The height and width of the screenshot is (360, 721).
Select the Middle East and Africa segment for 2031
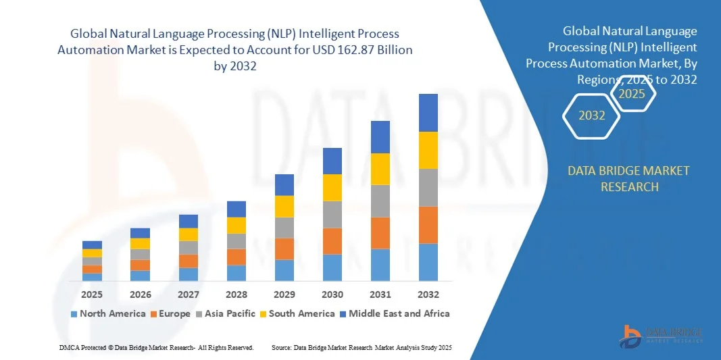pyautogui.click(x=380, y=137)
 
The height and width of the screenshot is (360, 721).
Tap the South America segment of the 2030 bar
pyautogui.click(x=332, y=188)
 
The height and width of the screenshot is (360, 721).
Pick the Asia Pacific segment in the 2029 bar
pyautogui.click(x=284, y=228)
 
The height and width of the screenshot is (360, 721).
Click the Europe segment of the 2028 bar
pyautogui.click(x=237, y=257)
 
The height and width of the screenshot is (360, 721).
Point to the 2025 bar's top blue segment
pyautogui.click(x=93, y=245)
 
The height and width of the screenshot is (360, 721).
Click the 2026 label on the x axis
pyautogui.click(x=141, y=294)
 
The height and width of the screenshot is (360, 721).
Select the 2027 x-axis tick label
pyautogui.click(x=189, y=294)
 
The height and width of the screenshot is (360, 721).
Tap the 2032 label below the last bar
pyautogui.click(x=428, y=294)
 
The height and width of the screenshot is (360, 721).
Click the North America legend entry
pyautogui.click(x=107, y=313)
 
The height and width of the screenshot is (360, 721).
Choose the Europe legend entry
pyautogui.click(x=170, y=313)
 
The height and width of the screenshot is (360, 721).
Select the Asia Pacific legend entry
pyautogui.click(x=226, y=313)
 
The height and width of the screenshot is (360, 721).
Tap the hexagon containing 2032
pyautogui.click(x=592, y=115)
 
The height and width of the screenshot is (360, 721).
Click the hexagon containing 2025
pyautogui.click(x=632, y=94)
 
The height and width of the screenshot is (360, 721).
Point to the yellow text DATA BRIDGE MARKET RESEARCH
pyautogui.click(x=629, y=178)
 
